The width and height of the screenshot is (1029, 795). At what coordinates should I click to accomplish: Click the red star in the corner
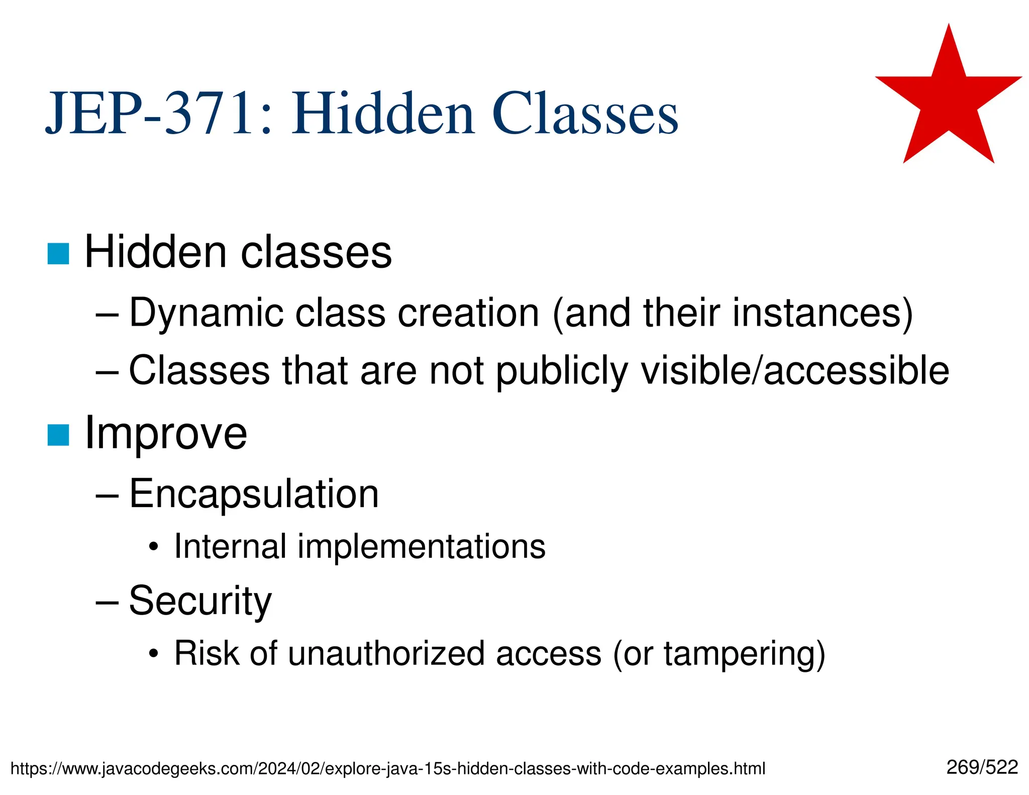(x=949, y=101)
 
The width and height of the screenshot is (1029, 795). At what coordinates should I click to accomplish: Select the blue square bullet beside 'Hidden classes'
(x=58, y=254)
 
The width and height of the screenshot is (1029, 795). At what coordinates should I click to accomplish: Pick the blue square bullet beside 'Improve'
(x=58, y=435)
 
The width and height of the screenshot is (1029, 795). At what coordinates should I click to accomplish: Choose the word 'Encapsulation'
(x=254, y=494)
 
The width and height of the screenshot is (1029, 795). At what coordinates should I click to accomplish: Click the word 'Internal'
(x=230, y=546)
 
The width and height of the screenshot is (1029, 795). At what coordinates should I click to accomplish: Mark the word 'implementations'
(x=421, y=547)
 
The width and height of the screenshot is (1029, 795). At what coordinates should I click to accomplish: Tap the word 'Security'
(x=200, y=602)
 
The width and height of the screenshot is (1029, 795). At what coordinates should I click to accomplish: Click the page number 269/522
(x=982, y=767)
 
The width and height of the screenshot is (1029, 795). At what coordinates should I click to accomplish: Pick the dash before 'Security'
(x=107, y=602)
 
